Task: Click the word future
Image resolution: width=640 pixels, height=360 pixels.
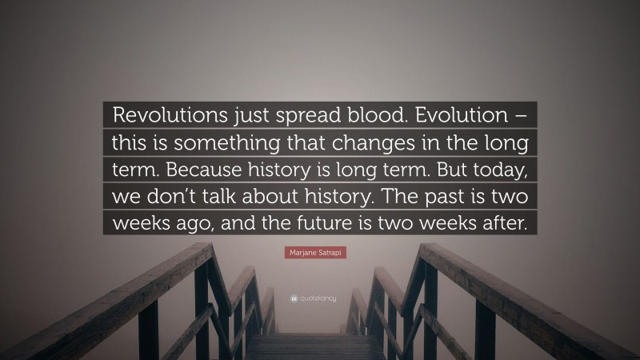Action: tap(347, 225)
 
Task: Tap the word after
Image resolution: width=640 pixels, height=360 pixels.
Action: tap(504, 225)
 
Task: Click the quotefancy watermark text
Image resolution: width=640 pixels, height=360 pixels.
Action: tap(324, 298)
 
